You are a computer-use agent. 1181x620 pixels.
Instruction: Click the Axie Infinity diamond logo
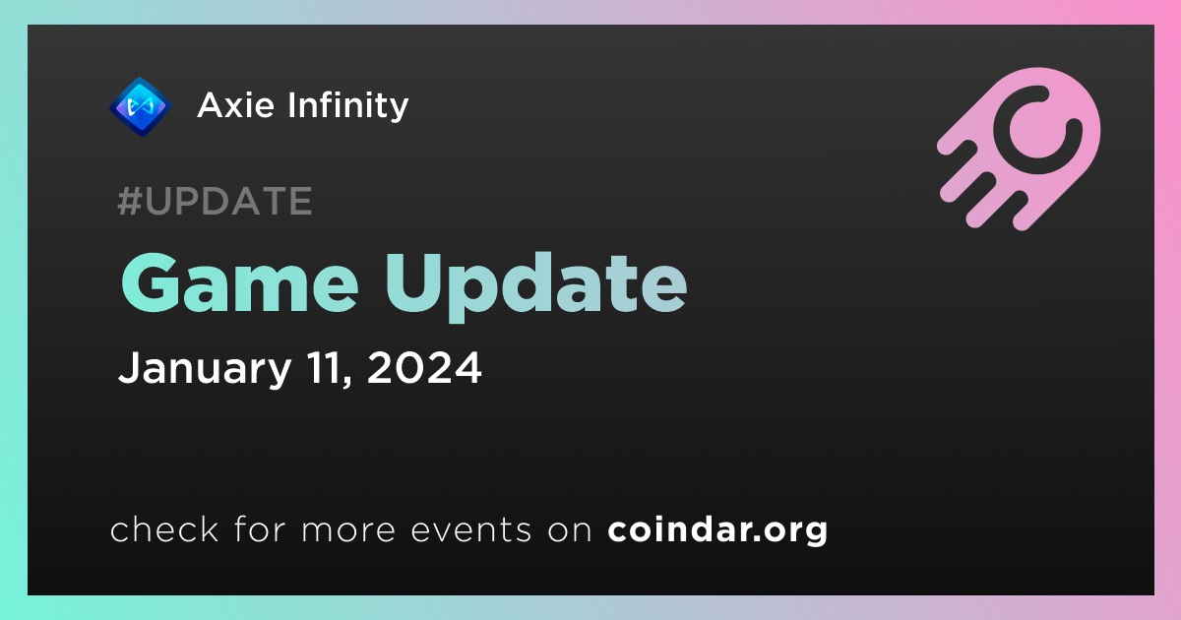click(140, 106)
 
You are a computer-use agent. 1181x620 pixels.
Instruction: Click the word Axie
click(235, 105)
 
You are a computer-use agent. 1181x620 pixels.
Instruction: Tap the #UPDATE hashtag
click(216, 201)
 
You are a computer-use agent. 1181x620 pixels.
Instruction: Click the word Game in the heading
click(240, 283)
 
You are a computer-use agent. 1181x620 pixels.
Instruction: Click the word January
click(205, 369)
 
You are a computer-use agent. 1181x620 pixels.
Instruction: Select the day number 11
click(329, 369)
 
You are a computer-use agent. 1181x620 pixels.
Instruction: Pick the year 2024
click(424, 368)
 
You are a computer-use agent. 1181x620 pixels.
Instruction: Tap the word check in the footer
click(164, 528)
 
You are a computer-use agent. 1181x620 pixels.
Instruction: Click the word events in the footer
click(471, 529)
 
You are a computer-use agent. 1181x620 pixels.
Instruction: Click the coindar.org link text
click(717, 529)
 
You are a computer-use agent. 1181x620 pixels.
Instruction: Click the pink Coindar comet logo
click(1020, 149)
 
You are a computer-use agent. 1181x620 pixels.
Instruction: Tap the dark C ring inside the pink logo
click(1037, 130)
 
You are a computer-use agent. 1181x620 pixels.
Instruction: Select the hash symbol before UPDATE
click(129, 201)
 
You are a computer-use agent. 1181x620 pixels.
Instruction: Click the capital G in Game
click(151, 283)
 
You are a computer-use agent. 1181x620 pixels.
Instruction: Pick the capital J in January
click(129, 368)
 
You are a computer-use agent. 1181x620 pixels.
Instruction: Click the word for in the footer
click(260, 528)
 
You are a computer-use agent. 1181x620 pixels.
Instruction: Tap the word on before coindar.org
click(570, 531)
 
